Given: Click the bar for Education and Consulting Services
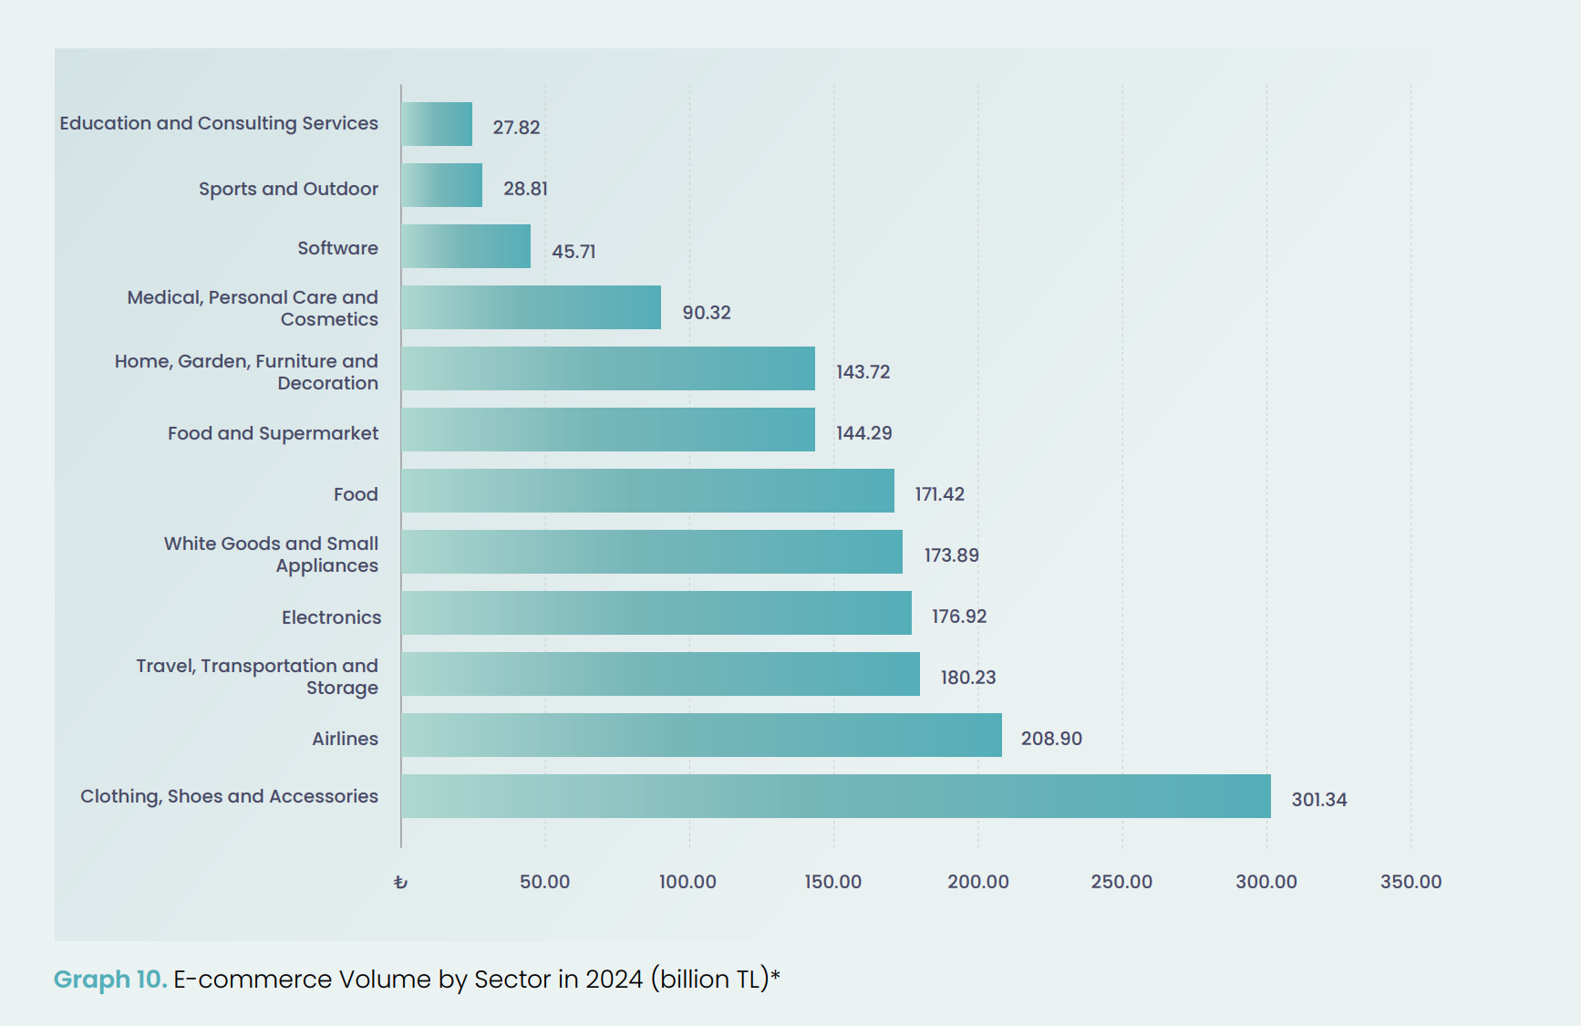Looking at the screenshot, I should [x=437, y=124].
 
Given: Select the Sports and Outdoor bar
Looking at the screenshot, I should [x=441, y=185].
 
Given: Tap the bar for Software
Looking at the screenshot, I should [x=466, y=246].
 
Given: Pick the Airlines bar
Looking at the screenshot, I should [x=701, y=735].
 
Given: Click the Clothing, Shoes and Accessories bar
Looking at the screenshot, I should [x=835, y=796].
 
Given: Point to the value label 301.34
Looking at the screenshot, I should [x=1318, y=800].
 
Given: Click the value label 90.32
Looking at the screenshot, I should [x=707, y=313].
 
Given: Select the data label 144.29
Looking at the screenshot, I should [x=863, y=433].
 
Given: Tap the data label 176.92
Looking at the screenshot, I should [x=958, y=617].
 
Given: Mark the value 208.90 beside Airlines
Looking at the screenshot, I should [x=1051, y=739].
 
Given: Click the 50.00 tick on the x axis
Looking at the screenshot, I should [x=544, y=882].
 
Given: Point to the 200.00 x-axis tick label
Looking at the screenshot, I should [x=977, y=882].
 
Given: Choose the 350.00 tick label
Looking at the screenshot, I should [x=1410, y=882].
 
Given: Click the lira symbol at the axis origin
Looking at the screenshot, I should [x=400, y=882].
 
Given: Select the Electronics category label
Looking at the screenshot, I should [x=331, y=617].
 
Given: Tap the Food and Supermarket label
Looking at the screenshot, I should [x=273, y=433].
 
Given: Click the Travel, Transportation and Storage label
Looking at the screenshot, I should [x=257, y=677].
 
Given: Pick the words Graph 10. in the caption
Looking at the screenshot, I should [x=109, y=979].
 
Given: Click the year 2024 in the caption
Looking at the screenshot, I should [x=614, y=979].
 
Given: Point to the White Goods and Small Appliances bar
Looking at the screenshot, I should [x=652, y=552].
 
